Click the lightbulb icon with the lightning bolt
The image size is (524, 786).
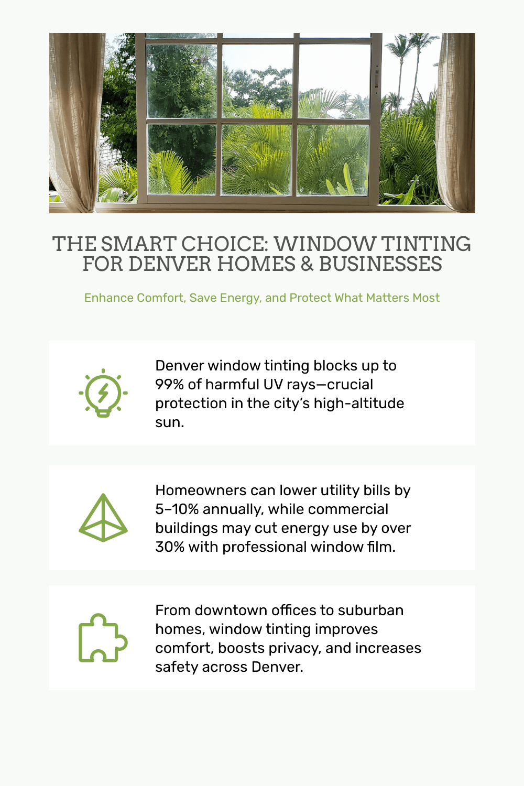point(103,392)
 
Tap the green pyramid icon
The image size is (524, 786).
point(103,518)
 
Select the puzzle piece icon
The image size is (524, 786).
point(103,638)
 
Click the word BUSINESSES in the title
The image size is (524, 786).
point(380,264)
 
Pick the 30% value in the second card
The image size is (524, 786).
point(170,547)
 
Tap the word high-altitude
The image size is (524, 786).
point(359,403)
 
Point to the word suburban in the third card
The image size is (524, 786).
point(370,610)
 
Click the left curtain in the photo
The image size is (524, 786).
point(75,123)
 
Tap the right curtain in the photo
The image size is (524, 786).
point(455,123)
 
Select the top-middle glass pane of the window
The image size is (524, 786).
point(258,81)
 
